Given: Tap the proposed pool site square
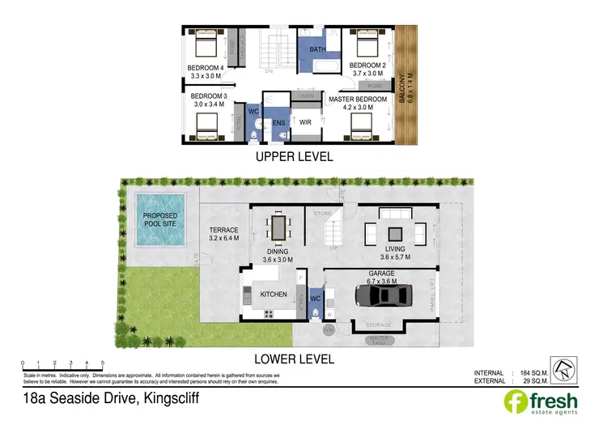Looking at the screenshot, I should pyautogui.click(x=159, y=219).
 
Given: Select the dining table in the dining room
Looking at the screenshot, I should pyautogui.click(x=279, y=227).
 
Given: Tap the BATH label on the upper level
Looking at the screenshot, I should pyautogui.click(x=316, y=49).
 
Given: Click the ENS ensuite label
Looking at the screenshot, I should pyautogui.click(x=278, y=123).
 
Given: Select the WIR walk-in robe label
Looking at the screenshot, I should pyautogui.click(x=306, y=122).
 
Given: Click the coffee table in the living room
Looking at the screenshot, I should pyautogui.click(x=396, y=233).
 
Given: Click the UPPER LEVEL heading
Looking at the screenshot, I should pyautogui.click(x=295, y=158).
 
